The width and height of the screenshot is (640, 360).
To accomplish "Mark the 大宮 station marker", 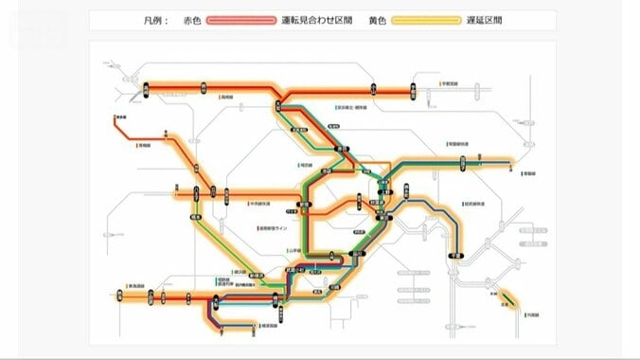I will point(279,91).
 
